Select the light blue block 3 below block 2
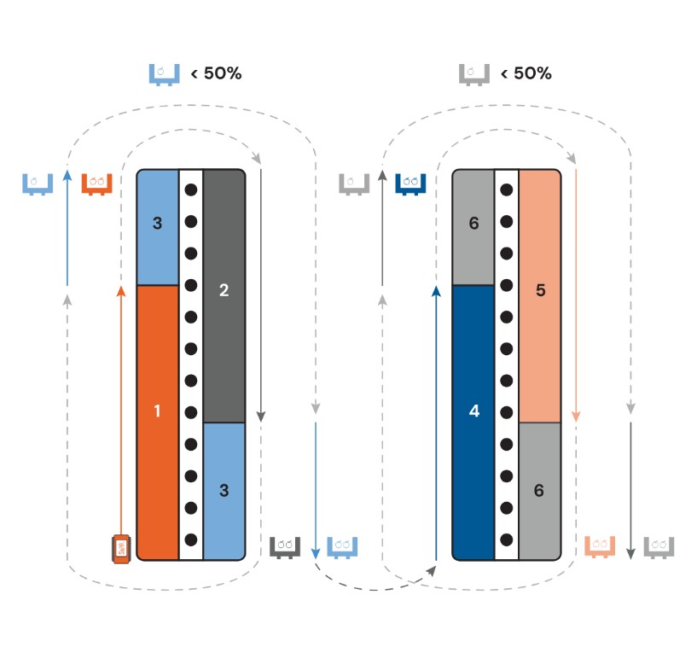coord(224,491)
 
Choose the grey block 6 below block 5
coord(539,491)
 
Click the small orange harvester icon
coord(121,548)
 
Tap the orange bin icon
coord(97,184)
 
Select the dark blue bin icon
coord(410,184)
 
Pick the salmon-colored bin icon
coord(601,545)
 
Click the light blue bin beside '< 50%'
coord(165,73)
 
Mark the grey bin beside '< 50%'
coord(474,73)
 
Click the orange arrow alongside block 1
coord(121,410)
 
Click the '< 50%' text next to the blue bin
coord(217,73)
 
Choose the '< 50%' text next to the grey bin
coord(526,73)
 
